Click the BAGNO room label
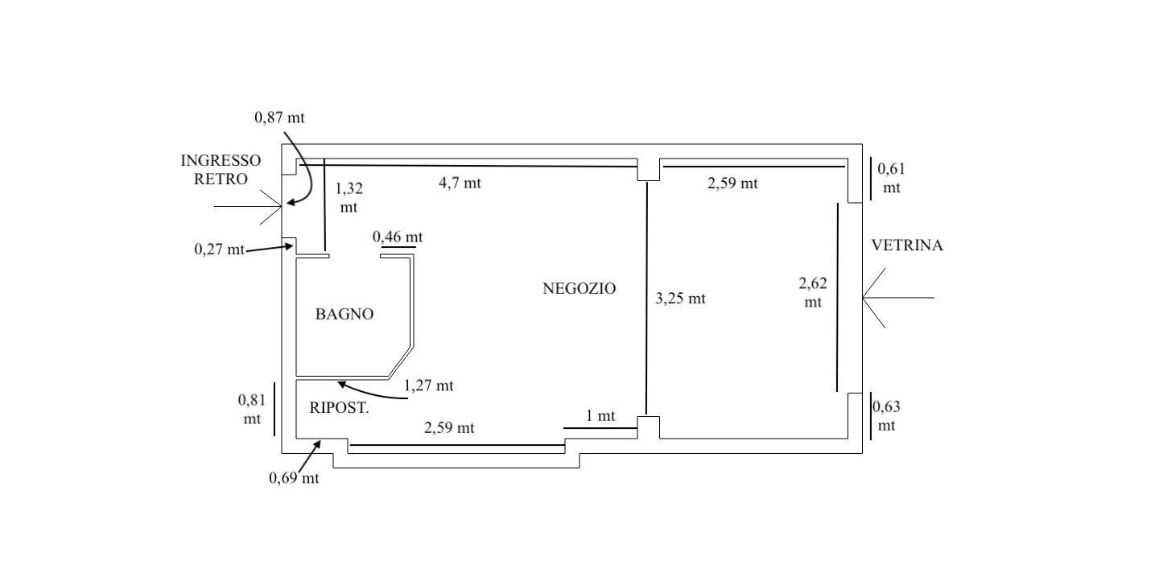(344, 315)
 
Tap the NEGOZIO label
(579, 289)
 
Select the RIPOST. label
(339, 408)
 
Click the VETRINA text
(906, 246)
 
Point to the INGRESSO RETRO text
(221, 170)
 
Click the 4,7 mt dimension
(460, 183)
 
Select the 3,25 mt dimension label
(680, 299)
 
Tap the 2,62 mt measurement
(813, 293)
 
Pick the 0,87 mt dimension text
(279, 117)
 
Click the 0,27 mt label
(219, 249)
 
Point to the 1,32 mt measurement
(349, 198)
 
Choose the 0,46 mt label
(398, 237)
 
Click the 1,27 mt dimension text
(428, 386)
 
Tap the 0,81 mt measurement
(251, 409)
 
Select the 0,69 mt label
(294, 478)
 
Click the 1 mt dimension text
(600, 416)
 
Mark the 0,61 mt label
(891, 179)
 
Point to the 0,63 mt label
(886, 416)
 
